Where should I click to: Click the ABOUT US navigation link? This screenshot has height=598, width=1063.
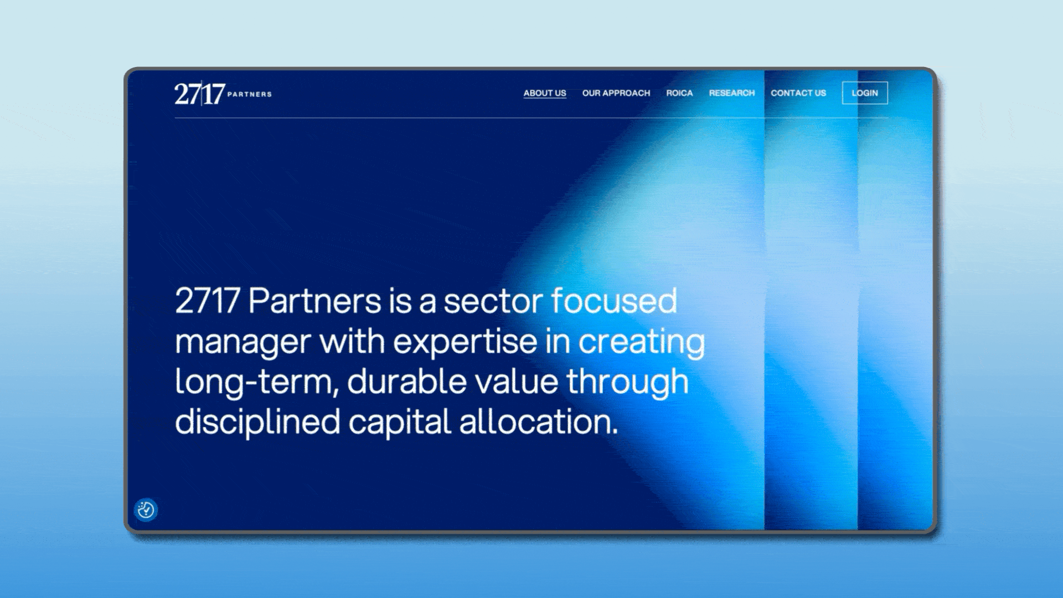(545, 93)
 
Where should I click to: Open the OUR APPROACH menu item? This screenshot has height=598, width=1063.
(616, 93)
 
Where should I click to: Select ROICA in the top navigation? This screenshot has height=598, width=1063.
(679, 93)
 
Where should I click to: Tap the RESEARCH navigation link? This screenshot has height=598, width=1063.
(732, 93)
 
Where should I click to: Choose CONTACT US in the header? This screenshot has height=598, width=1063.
(798, 93)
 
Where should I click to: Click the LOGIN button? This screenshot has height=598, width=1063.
(865, 93)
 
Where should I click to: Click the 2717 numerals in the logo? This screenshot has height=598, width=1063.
(200, 94)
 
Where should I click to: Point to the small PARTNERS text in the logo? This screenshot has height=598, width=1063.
(250, 94)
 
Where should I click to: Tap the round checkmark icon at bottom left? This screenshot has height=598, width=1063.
(146, 509)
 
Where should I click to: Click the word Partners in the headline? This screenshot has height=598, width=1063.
(314, 301)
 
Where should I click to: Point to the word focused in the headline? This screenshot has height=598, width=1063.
(614, 301)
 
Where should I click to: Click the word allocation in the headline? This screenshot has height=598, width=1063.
(538, 422)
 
